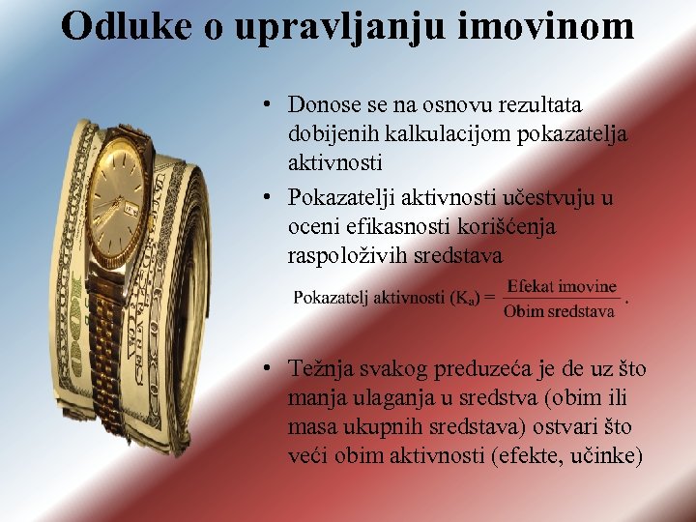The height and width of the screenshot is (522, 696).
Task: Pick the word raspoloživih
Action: coord(343,256)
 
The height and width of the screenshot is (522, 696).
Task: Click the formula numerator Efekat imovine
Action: coord(561,286)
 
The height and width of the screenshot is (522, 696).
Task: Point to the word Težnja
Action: coord(320,368)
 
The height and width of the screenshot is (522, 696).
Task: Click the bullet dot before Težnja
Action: coord(275,369)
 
